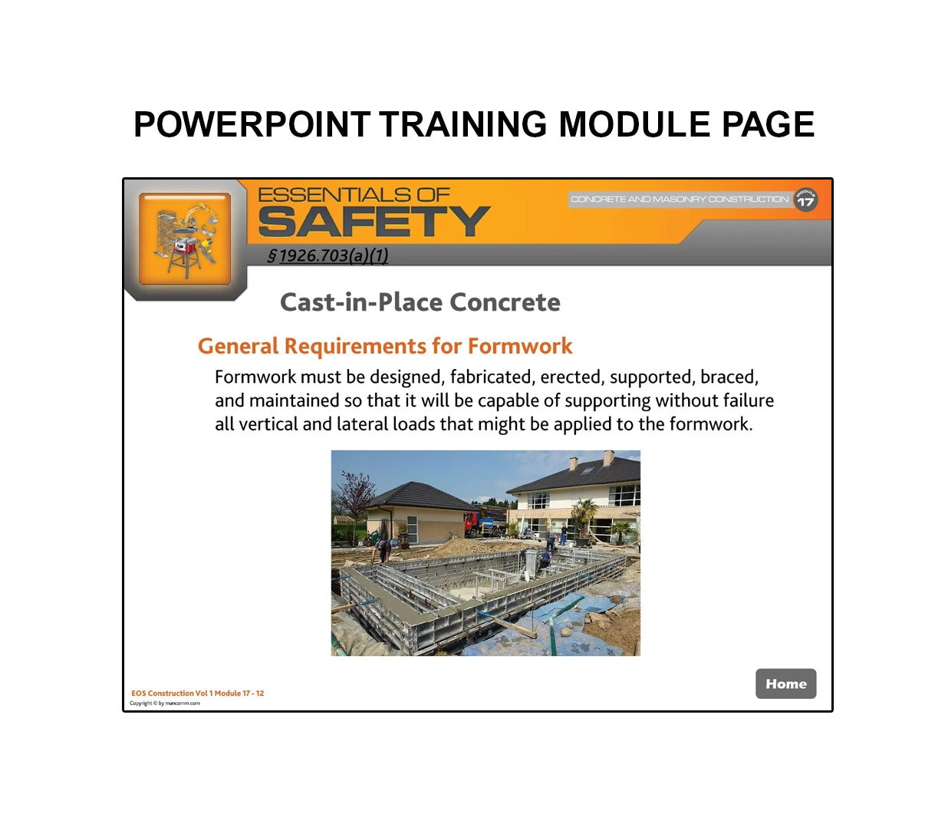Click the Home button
[x=785, y=684]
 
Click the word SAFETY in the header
[x=374, y=222]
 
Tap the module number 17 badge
[x=805, y=199]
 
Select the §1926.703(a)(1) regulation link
[x=328, y=256]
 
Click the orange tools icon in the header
[x=185, y=239]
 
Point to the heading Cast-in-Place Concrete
[x=420, y=302]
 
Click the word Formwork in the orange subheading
[x=519, y=347]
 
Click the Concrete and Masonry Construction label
[x=679, y=199]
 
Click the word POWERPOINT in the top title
[x=252, y=125]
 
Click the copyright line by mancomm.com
[x=165, y=704]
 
